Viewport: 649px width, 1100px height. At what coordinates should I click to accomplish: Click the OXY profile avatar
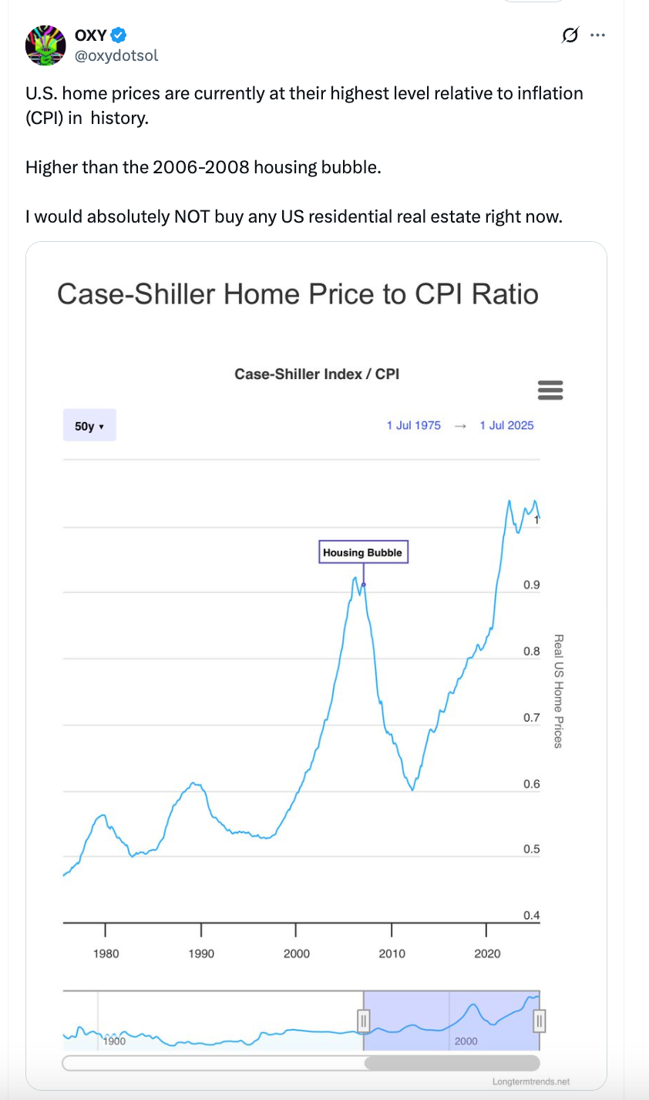pos(45,45)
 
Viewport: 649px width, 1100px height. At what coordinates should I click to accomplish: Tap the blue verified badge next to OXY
pos(119,35)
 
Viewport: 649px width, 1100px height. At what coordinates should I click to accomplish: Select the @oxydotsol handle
pos(116,55)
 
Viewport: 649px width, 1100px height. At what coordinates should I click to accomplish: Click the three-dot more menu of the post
pos(597,35)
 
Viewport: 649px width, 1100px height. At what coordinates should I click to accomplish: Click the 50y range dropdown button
pos(89,425)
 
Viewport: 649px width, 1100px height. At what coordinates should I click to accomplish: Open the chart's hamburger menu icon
pos(550,390)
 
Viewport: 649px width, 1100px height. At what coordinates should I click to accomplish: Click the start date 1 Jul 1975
pos(414,425)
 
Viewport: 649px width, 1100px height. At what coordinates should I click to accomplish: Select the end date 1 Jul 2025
pos(506,425)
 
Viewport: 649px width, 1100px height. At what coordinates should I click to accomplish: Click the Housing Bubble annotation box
pos(362,552)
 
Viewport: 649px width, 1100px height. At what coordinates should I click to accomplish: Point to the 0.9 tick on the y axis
pos(532,585)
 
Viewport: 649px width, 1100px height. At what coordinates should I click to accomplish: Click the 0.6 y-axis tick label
pos(532,784)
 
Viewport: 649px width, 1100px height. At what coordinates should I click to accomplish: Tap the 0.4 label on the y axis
pos(532,915)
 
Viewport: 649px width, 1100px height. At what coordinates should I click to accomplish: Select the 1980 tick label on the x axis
pos(106,954)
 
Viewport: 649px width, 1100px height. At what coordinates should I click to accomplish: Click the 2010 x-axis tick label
pos(392,954)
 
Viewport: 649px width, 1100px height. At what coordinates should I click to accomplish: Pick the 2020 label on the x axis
pos(487,954)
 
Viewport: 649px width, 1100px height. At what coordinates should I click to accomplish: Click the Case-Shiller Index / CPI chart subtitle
pos(317,374)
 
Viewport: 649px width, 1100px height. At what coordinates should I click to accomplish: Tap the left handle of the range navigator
pos(365,1021)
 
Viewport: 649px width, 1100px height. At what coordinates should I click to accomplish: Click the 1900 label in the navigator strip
pos(114,1041)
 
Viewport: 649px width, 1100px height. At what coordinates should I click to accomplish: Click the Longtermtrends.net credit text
pos(531,1082)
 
